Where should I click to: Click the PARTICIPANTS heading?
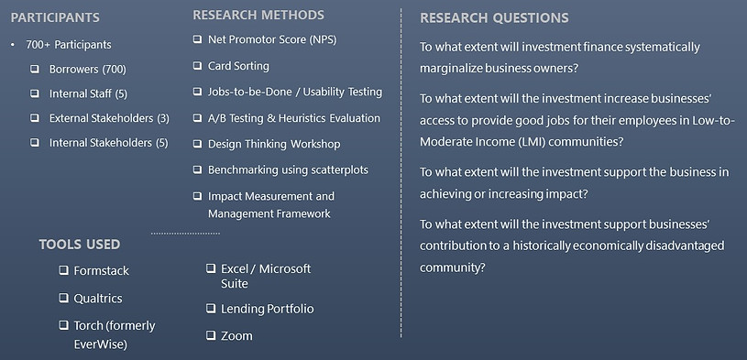(x=55, y=17)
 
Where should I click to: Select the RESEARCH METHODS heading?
(x=258, y=15)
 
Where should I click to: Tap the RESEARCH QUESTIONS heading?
(x=494, y=18)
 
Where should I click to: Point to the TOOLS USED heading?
(x=80, y=245)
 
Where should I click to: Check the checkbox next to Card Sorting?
(x=198, y=66)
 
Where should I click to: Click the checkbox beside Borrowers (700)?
(x=35, y=69)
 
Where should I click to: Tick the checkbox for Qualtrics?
(x=63, y=299)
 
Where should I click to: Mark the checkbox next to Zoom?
(x=211, y=336)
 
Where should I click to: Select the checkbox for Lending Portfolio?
(x=211, y=309)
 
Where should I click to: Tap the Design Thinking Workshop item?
(x=274, y=144)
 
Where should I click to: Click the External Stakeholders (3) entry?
(x=109, y=118)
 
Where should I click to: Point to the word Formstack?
(x=102, y=271)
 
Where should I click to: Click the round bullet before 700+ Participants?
(x=13, y=45)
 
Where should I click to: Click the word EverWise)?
(x=100, y=344)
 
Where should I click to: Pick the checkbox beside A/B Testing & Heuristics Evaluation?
(x=198, y=118)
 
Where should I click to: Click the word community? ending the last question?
(x=453, y=267)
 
